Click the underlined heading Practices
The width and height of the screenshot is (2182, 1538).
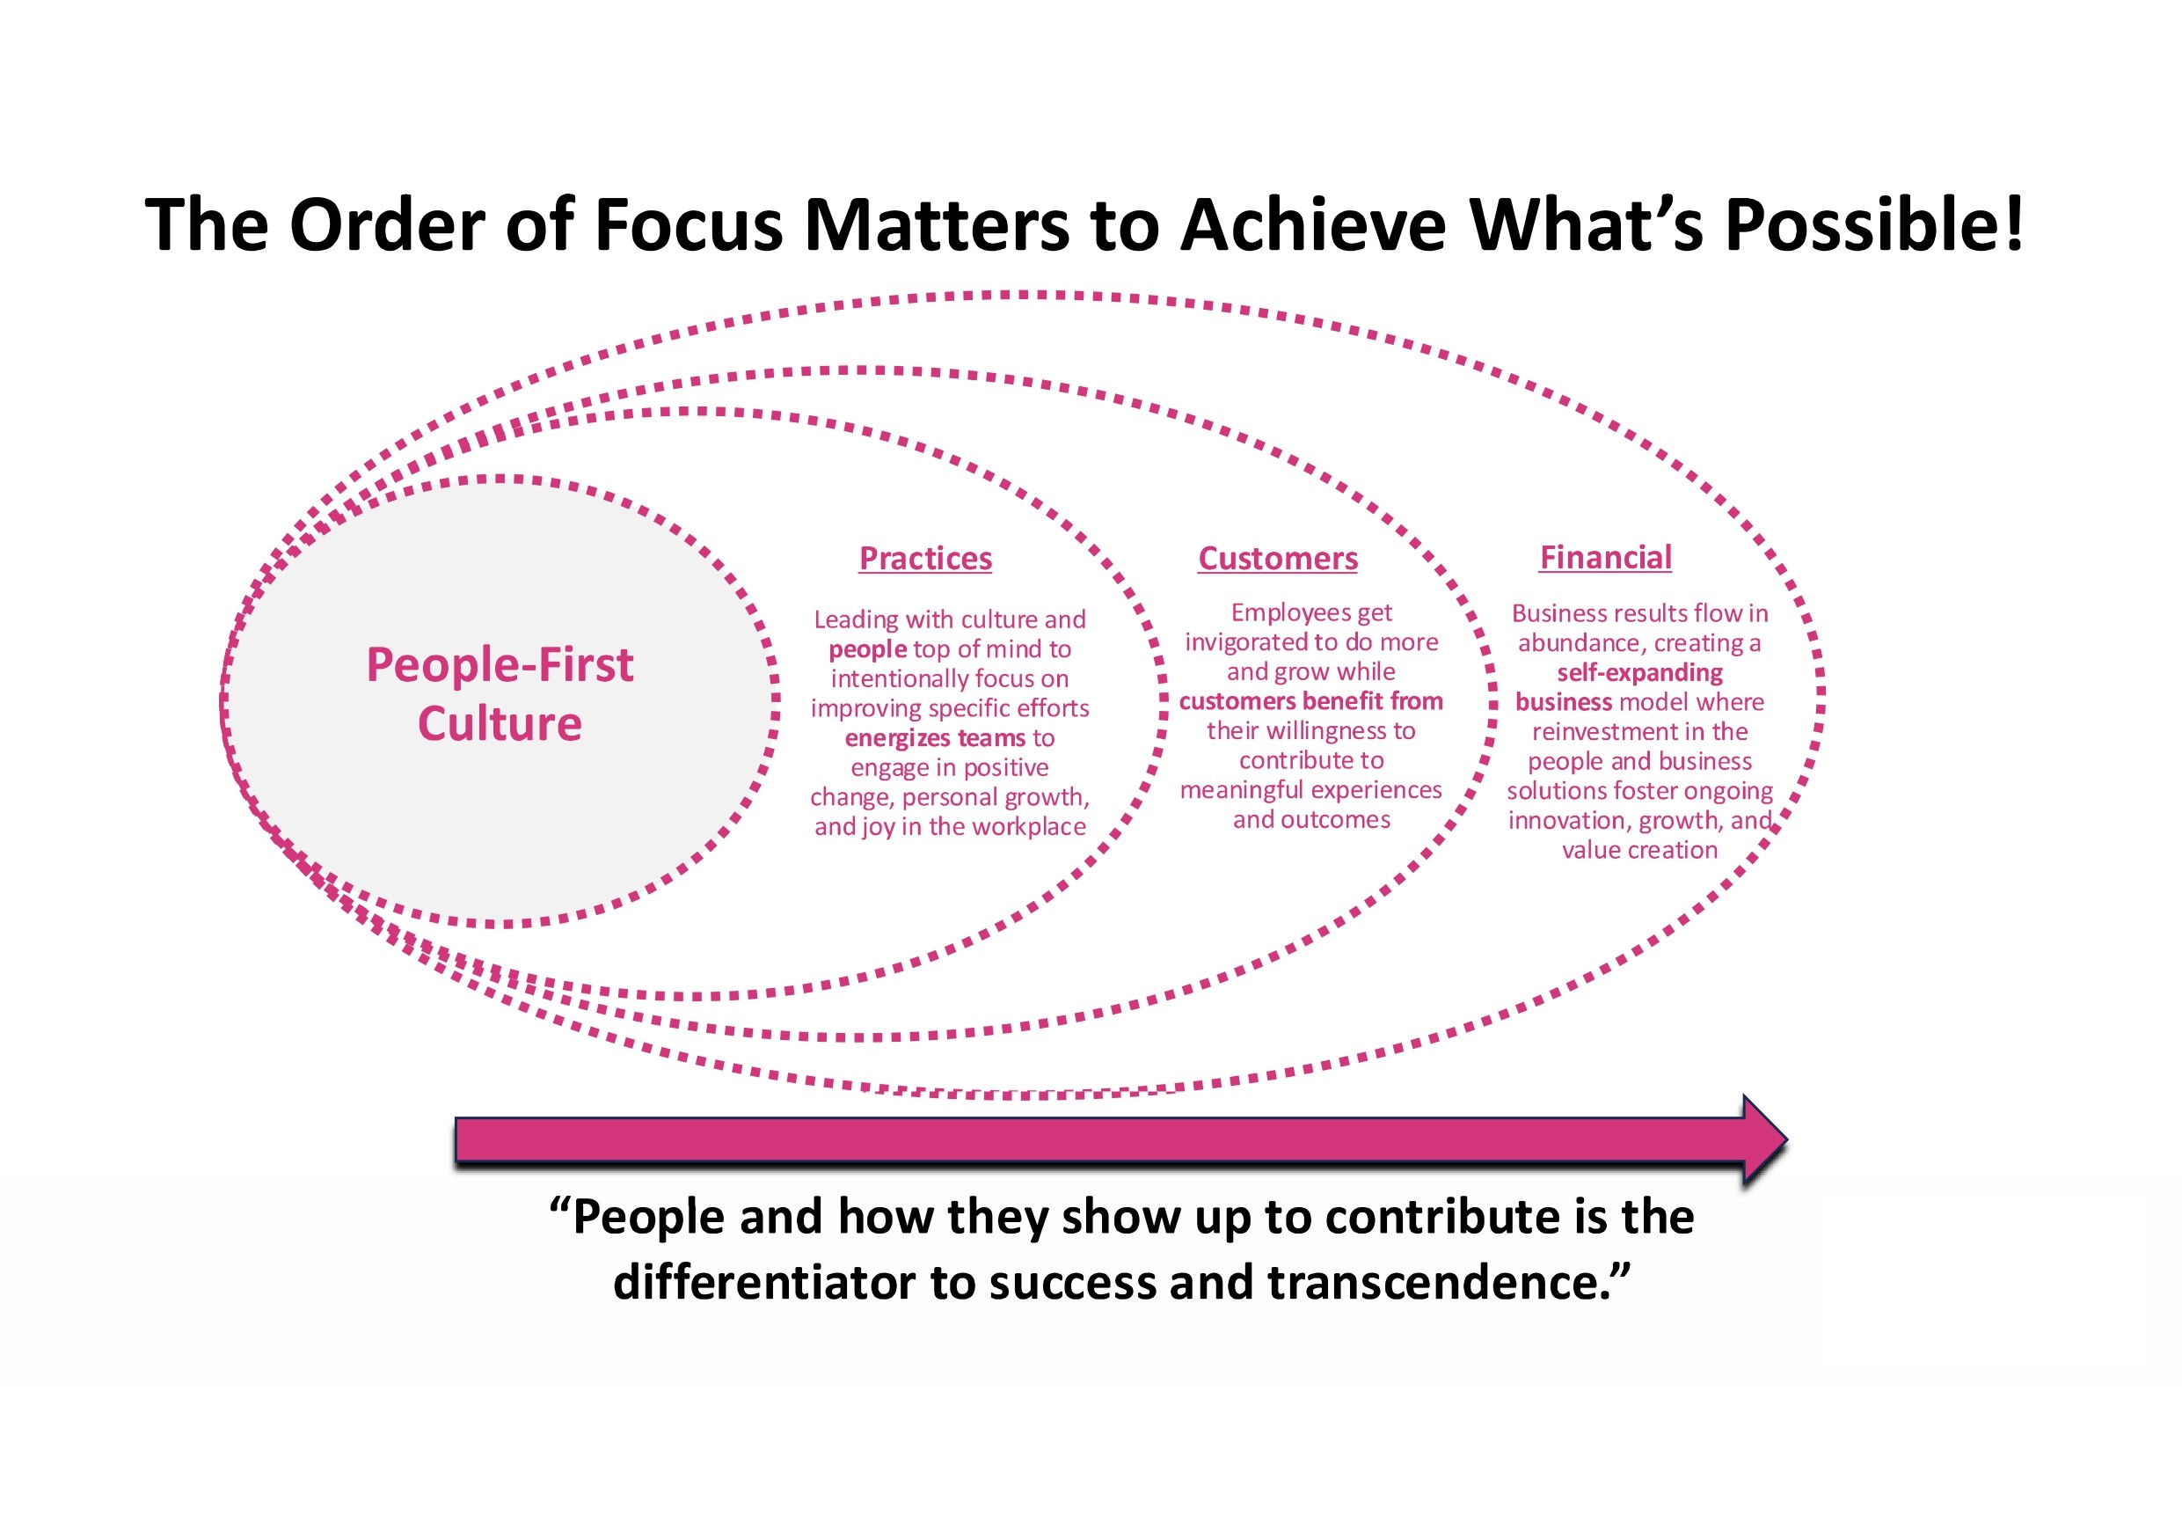(924, 558)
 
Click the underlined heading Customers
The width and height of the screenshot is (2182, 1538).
(1277, 558)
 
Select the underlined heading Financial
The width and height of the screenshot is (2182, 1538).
(1605, 557)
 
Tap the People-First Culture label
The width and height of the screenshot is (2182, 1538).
(500, 693)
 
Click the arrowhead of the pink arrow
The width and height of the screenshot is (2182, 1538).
(1765, 1139)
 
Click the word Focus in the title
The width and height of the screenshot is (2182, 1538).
(688, 224)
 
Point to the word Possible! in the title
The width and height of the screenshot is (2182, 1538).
(1873, 224)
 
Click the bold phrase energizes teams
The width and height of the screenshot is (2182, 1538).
(935, 737)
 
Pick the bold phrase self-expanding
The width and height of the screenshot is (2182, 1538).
(1639, 672)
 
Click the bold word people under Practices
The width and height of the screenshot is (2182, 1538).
(868, 649)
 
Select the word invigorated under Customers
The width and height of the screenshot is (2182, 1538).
(1245, 642)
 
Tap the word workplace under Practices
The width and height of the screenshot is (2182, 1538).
(1029, 826)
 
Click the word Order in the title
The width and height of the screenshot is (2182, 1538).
(387, 224)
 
